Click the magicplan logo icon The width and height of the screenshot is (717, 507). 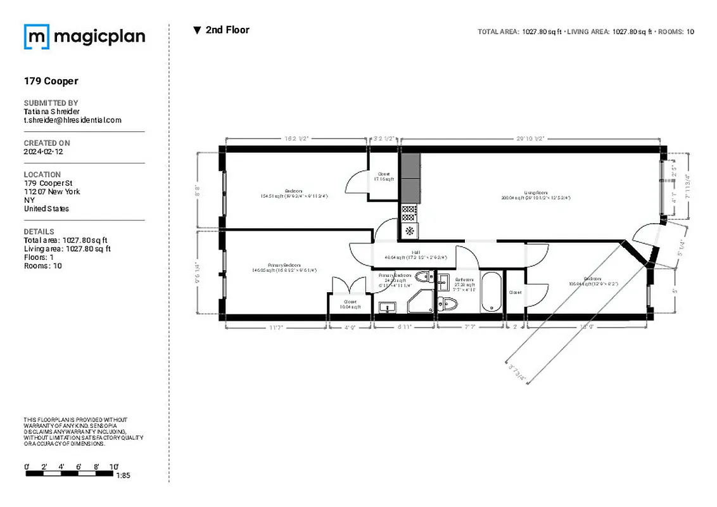click(x=36, y=37)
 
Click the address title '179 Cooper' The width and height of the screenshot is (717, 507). click(x=51, y=81)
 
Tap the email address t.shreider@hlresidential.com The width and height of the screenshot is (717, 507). click(x=72, y=120)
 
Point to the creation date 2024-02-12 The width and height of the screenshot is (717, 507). click(x=43, y=152)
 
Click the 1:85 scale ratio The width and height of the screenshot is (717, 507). click(x=123, y=475)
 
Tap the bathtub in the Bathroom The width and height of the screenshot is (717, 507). click(x=491, y=292)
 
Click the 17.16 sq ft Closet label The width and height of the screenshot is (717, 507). click(x=384, y=177)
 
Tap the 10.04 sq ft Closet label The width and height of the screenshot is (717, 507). click(x=350, y=304)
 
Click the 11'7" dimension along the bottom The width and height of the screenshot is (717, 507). click(x=275, y=327)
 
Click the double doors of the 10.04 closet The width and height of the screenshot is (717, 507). click(x=350, y=284)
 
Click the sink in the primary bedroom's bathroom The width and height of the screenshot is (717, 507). click(x=386, y=307)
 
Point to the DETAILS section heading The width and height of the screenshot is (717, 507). click(x=39, y=232)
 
